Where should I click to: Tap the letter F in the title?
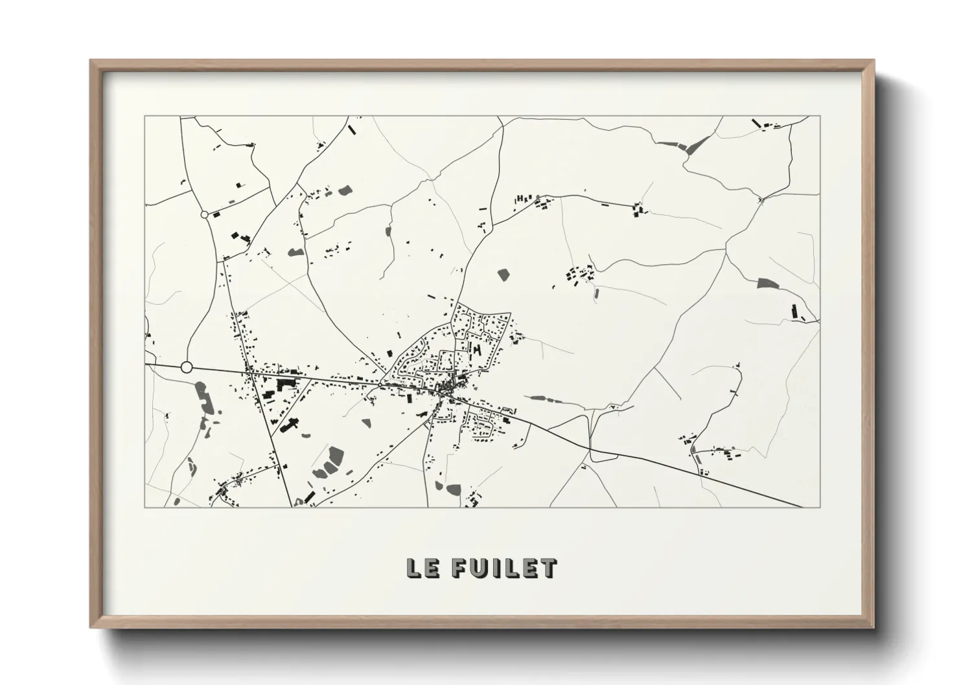pyautogui.click(x=458, y=568)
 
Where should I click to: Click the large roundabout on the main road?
pyautogui.click(x=187, y=368)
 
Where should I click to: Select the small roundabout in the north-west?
pyautogui.click(x=205, y=214)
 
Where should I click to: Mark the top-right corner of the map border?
pyautogui.click(x=820, y=117)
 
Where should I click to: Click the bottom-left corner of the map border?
pyautogui.click(x=145, y=507)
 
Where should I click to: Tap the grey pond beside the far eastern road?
pyautogui.click(x=767, y=283)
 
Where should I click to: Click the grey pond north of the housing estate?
pyautogui.click(x=503, y=275)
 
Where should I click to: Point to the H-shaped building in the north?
pyautogui.click(x=520, y=199)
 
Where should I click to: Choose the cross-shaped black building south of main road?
pyautogui.click(x=290, y=425)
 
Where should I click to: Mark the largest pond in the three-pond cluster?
pyautogui.click(x=335, y=456)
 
